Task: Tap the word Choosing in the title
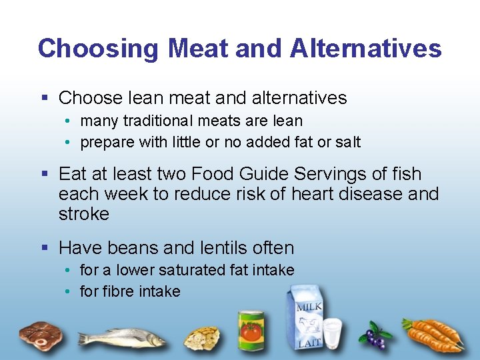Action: click(98, 49)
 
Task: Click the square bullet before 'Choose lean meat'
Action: click(45, 98)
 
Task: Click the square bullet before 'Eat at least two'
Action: click(45, 174)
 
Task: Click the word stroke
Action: click(84, 214)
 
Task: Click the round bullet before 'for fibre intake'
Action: click(69, 292)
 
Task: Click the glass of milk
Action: click(332, 333)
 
